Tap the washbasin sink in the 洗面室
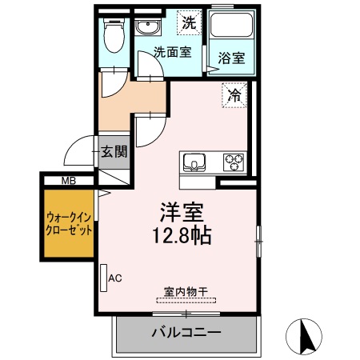[146, 28]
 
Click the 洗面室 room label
[171, 54]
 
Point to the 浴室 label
[231, 58]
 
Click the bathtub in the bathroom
[231, 29]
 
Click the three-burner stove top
[234, 162]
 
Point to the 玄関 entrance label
[114, 152]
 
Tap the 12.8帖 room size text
[184, 238]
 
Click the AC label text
[114, 278]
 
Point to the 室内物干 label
[186, 293]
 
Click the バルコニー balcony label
[186, 332]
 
